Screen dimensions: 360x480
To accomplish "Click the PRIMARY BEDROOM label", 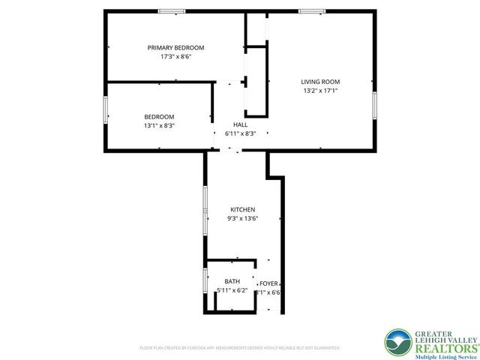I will (x=175, y=47).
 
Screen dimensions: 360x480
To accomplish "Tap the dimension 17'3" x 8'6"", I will (x=175, y=57).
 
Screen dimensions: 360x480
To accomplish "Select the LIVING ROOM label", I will (x=320, y=82).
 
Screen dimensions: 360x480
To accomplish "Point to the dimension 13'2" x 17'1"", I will (x=320, y=91).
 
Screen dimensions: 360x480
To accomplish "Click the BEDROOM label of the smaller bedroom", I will (x=159, y=116).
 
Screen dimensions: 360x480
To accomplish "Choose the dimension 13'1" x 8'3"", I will (x=159, y=126).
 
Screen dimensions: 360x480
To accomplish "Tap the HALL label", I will (x=240, y=124).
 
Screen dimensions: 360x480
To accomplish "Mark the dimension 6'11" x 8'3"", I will (x=241, y=133).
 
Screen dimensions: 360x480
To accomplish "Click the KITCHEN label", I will (x=242, y=209).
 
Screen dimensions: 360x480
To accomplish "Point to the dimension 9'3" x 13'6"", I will (x=242, y=219).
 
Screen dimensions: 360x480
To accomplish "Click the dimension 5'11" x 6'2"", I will (x=232, y=290).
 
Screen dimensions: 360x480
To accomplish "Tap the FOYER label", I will (x=268, y=283).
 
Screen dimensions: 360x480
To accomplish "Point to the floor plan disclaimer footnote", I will (x=240, y=348).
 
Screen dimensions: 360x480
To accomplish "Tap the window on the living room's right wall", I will (x=373, y=105).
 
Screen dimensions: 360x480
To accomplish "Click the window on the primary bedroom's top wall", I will (x=172, y=10).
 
